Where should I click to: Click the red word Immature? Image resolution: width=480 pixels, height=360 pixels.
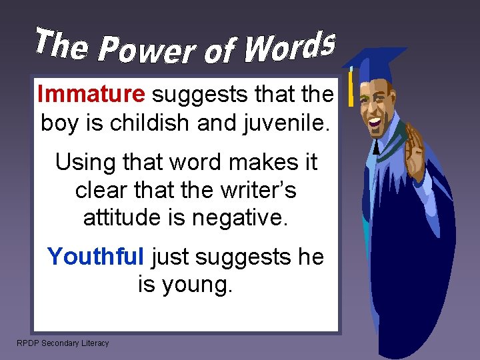coord(91,95)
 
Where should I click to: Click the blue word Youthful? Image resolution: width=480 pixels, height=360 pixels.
coord(95,256)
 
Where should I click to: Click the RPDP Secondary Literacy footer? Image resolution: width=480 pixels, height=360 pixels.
coord(63,343)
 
